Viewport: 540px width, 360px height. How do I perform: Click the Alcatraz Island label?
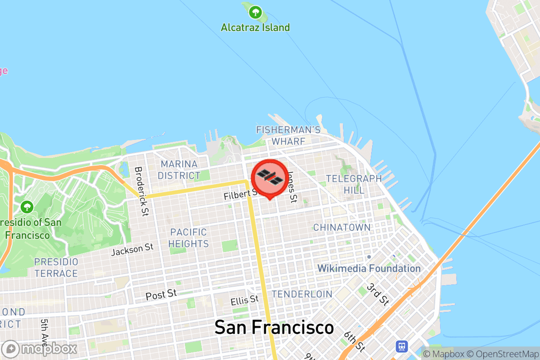255,27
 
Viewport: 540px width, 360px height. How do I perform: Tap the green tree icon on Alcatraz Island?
256,12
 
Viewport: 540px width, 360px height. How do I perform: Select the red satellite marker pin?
270,178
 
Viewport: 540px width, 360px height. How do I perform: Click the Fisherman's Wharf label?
288,135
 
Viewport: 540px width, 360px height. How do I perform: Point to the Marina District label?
179,170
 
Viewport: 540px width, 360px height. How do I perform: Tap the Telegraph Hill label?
354,184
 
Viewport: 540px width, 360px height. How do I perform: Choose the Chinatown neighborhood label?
342,227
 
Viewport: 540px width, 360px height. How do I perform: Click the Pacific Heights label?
189,238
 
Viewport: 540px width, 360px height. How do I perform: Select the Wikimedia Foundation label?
369,269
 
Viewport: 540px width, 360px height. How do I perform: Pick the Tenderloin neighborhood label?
302,294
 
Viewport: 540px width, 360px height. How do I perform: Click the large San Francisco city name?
274,327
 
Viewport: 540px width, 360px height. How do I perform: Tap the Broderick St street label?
141,191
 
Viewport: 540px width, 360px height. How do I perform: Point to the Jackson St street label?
132,249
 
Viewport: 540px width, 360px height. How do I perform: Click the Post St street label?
161,295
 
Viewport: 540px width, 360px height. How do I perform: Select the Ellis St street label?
244,300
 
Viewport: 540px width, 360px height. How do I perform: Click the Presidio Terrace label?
56,267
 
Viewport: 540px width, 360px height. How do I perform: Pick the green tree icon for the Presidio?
27,207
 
